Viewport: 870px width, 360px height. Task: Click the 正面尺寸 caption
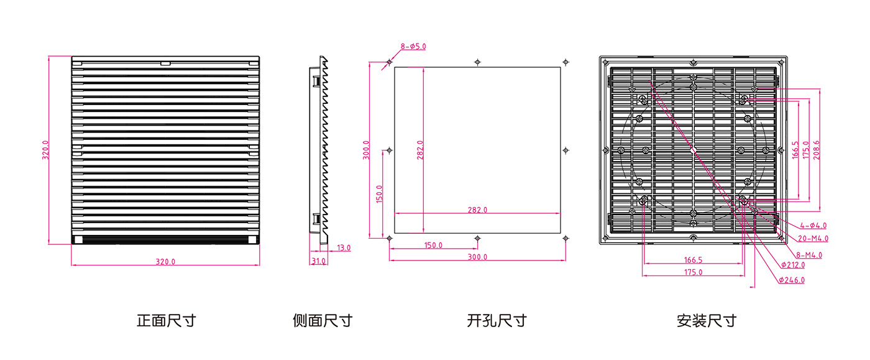(x=167, y=321)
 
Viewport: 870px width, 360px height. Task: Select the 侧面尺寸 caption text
(x=323, y=321)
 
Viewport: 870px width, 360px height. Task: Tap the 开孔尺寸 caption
(x=497, y=321)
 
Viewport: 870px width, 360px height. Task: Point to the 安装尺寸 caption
(x=707, y=321)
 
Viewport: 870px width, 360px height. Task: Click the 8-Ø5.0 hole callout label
(x=413, y=47)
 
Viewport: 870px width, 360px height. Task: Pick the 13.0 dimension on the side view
(x=344, y=247)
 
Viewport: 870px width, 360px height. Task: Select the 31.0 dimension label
(x=318, y=261)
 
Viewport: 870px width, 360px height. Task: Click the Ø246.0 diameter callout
(x=792, y=280)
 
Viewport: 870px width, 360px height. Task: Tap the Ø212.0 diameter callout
(x=793, y=265)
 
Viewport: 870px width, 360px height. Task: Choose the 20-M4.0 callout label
(x=813, y=238)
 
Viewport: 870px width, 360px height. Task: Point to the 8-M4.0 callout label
(x=809, y=255)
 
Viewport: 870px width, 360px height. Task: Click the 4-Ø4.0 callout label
(x=813, y=226)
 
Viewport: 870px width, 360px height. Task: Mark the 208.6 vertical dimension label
(x=817, y=150)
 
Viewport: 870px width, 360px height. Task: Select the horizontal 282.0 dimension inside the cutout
(x=477, y=210)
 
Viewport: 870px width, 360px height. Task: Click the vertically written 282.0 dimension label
(x=420, y=150)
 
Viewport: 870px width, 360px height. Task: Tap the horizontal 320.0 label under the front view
(x=165, y=262)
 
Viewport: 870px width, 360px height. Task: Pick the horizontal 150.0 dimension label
(x=433, y=246)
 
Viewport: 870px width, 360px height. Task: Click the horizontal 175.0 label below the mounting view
(x=694, y=272)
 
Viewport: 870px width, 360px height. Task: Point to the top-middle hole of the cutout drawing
(x=477, y=62)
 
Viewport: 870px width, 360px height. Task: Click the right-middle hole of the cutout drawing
(x=565, y=150)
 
